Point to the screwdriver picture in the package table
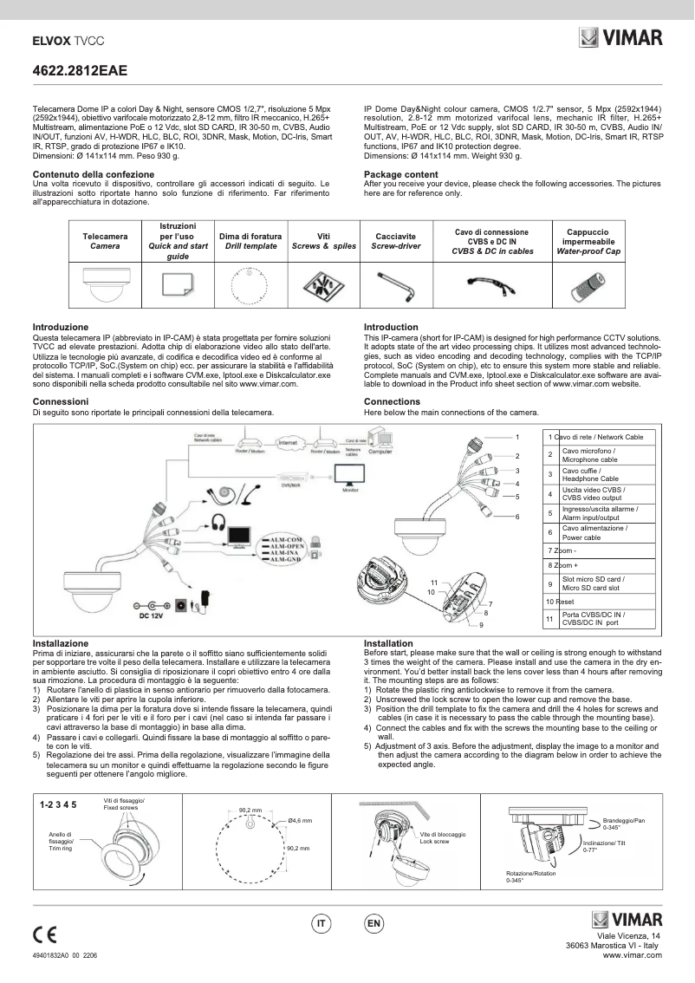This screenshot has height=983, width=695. pyautogui.click(x=395, y=283)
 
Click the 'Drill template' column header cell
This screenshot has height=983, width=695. pyautogui.click(x=250, y=241)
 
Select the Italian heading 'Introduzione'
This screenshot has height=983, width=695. pyautogui.click(x=60, y=327)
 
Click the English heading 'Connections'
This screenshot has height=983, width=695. pyautogui.click(x=392, y=401)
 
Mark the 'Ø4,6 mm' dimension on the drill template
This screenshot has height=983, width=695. pyautogui.click(x=300, y=820)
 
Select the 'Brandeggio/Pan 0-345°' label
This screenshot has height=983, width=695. pyautogui.click(x=622, y=824)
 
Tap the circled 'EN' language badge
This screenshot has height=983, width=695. pyautogui.click(x=374, y=925)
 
